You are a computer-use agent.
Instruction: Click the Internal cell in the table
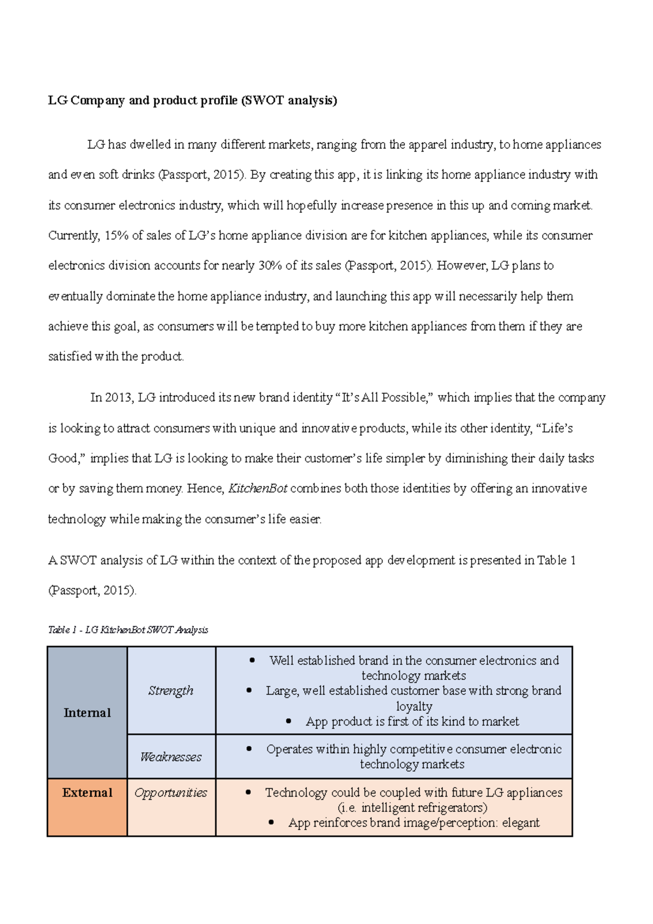[87, 712]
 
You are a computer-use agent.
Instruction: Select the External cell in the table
[87, 792]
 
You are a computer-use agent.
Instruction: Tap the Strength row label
[171, 691]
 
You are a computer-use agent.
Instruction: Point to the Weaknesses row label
[171, 757]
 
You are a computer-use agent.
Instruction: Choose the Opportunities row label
[171, 793]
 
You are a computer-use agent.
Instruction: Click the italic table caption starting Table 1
[128, 630]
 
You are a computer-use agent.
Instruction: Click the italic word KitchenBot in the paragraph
[257, 488]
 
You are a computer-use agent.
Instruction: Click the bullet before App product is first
[289, 722]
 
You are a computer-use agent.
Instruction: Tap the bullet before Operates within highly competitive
[249, 749]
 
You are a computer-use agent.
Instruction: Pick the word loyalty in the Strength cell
[414, 706]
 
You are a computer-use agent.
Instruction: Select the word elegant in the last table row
[521, 823]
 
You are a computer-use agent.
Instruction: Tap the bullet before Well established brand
[252, 661]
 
